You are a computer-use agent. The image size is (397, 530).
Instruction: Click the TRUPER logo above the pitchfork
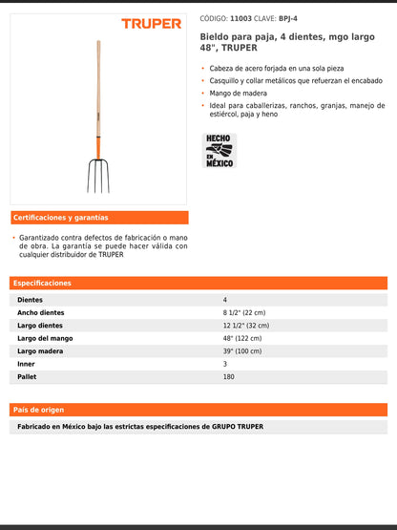click(151, 23)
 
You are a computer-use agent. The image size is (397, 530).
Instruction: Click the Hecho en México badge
click(219, 150)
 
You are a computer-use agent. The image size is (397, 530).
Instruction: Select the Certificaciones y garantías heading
click(61, 218)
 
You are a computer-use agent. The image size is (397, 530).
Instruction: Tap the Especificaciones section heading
click(43, 284)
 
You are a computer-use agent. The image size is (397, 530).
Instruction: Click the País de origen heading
click(39, 410)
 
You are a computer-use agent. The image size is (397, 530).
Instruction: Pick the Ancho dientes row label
click(41, 312)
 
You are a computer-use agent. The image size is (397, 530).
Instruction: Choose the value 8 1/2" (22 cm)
click(244, 312)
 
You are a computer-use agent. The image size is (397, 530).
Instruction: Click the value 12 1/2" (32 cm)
click(246, 326)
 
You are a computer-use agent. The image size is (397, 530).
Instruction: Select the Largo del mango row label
click(45, 338)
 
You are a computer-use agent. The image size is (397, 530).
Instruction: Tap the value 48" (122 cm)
click(241, 338)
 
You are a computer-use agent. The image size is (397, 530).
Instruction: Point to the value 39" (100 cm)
click(241, 351)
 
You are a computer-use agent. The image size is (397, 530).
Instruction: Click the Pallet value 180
click(228, 377)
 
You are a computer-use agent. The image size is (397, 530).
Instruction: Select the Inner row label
click(26, 364)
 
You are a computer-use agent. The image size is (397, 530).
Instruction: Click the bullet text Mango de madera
click(238, 94)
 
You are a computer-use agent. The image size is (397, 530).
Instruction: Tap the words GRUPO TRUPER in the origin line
click(237, 426)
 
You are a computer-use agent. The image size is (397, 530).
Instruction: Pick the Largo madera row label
click(40, 351)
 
